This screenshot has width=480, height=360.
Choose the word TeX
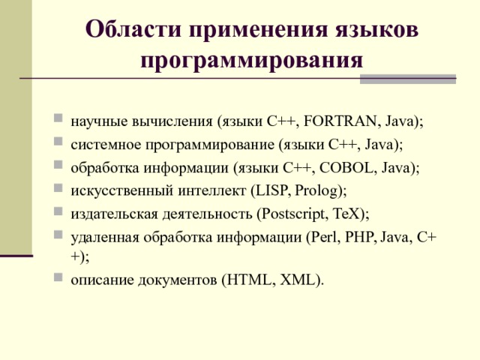(344, 215)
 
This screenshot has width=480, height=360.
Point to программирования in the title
(251, 58)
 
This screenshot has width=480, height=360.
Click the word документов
(178, 280)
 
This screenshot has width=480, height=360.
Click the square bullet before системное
(58, 142)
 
